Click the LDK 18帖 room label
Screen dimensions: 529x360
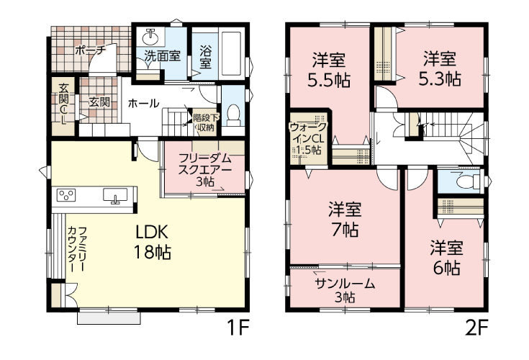153,242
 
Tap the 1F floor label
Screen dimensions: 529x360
238,328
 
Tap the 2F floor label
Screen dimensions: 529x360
476,328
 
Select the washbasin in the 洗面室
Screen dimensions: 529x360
150,37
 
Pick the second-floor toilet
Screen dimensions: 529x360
468,182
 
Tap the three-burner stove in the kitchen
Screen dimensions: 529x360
65,195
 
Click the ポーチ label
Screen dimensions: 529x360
91,50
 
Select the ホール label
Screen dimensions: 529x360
143,103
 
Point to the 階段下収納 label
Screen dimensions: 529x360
206,123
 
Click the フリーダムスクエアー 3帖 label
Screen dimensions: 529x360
205,170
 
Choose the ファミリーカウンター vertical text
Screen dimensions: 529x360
77,249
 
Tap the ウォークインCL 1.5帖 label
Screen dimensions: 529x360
308,138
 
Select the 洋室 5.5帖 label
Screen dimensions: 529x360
329,70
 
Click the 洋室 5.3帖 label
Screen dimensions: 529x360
440,69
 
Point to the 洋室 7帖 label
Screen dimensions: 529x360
345,220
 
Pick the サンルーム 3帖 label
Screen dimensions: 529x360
345,290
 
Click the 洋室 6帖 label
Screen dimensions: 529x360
446,258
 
